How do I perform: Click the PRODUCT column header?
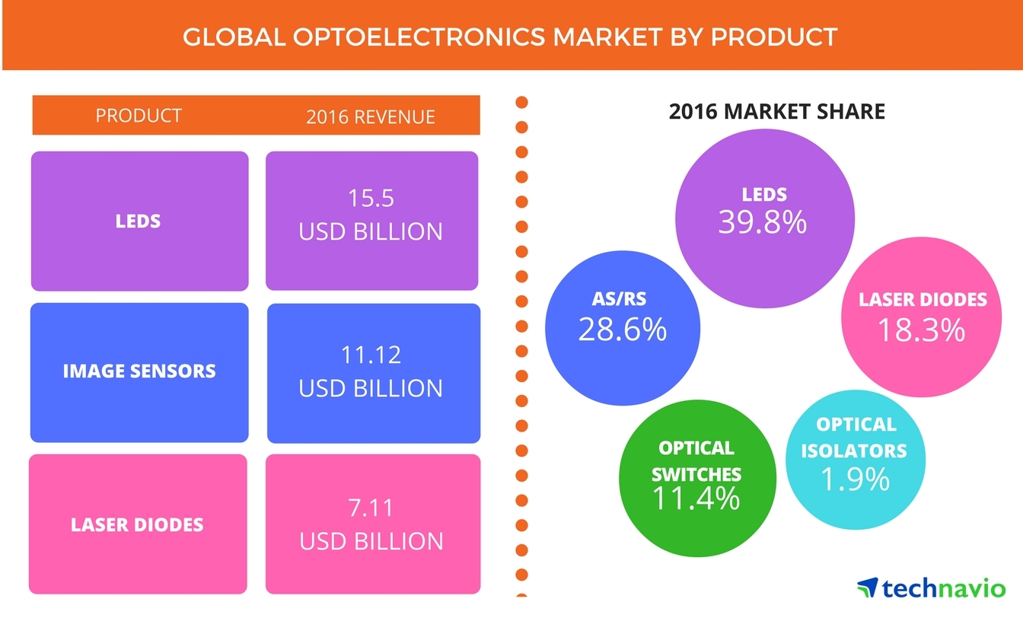point(139,116)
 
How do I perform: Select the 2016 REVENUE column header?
point(371,116)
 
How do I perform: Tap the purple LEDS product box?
point(139,221)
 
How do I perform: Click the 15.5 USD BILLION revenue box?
point(371,221)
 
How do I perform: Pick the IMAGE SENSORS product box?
point(139,372)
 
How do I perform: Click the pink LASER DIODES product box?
point(138,524)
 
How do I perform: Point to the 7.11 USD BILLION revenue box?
point(373,524)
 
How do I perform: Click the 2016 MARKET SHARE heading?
point(777,113)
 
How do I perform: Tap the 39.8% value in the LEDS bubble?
point(762,221)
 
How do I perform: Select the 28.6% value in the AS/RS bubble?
point(622,329)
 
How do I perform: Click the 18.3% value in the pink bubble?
point(921,330)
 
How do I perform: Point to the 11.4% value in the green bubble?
point(696,498)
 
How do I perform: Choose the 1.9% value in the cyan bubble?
point(855,479)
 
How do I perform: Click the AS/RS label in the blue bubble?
point(622,300)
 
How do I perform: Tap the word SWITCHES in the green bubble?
point(696,473)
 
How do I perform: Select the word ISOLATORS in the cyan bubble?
point(856,451)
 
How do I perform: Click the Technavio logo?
point(931,588)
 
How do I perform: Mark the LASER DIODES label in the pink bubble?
point(923,299)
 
